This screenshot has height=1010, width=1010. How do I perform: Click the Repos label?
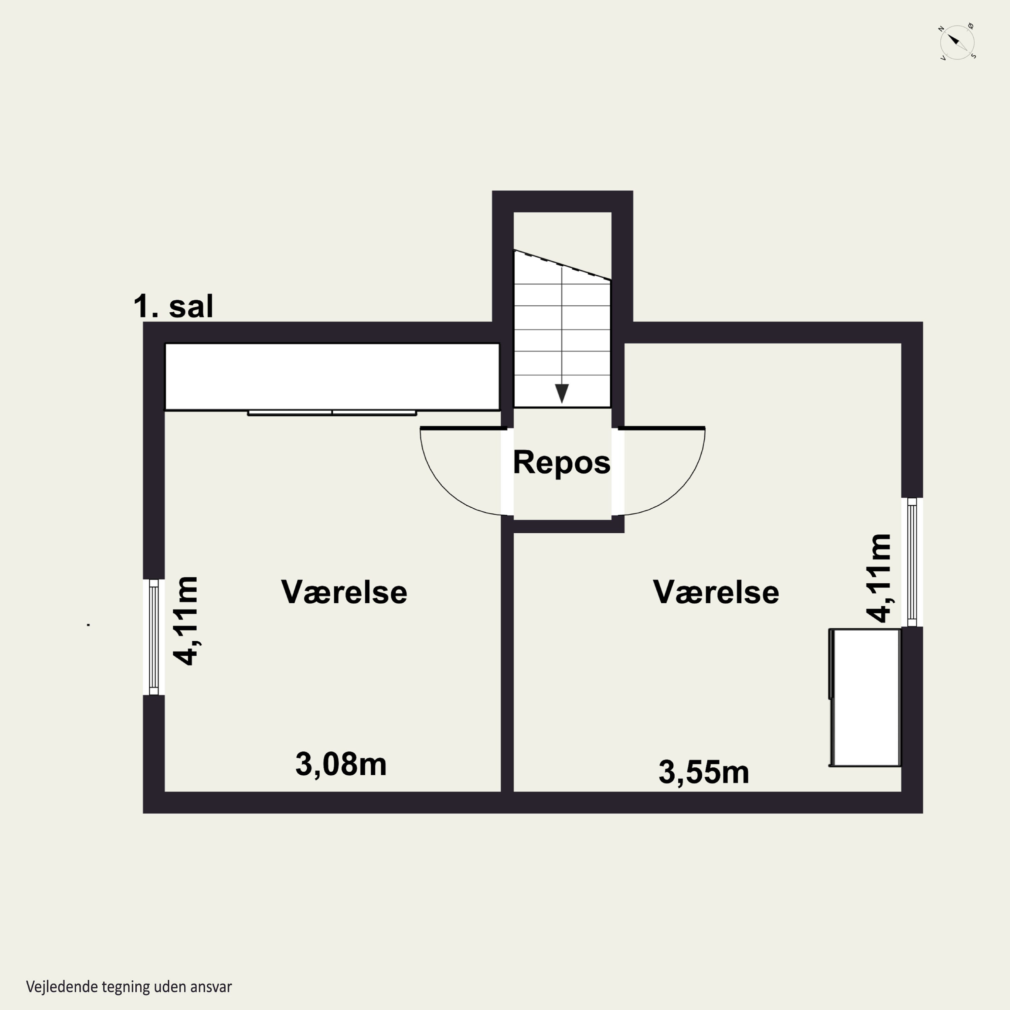tap(562, 463)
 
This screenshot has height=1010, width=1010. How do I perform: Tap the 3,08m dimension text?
tap(341, 764)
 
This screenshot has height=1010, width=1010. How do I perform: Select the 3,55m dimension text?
tap(704, 772)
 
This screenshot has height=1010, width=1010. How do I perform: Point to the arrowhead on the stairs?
tap(562, 394)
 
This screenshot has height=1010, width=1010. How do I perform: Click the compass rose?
tap(957, 42)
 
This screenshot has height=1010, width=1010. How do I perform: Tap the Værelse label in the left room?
tap(344, 592)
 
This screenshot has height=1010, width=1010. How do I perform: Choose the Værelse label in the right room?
tap(716, 592)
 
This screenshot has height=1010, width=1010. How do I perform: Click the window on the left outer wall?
tap(154, 637)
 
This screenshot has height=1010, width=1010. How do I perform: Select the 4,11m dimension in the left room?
tap(186, 620)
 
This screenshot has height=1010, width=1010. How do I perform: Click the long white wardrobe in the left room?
tap(332, 376)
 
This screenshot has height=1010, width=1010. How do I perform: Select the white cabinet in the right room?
tap(865, 697)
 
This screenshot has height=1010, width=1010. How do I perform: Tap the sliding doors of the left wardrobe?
tap(332, 413)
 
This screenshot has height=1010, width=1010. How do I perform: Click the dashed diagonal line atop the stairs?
tap(562, 265)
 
